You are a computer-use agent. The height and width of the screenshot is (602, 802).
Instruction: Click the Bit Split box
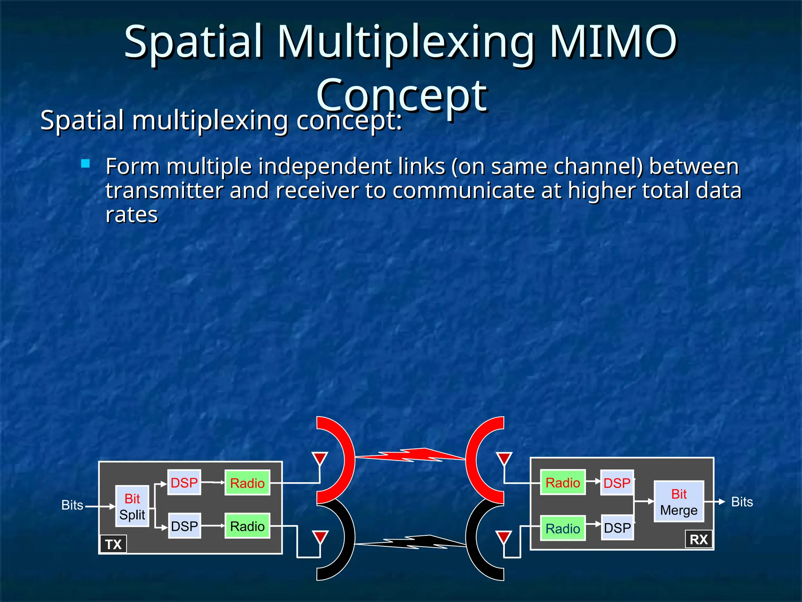click(x=132, y=506)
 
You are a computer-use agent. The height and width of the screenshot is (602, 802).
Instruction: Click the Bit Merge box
click(x=679, y=502)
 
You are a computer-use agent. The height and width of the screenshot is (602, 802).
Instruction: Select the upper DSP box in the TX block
click(x=184, y=482)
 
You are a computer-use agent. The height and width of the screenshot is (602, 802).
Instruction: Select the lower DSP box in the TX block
click(x=184, y=526)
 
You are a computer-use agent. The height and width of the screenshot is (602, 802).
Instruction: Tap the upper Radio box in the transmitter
click(x=247, y=483)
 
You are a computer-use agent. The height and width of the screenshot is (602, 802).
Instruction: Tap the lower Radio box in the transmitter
click(x=247, y=526)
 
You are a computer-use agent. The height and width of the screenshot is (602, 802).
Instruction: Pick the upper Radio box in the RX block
click(x=563, y=482)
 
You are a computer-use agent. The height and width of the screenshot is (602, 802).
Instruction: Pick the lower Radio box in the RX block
click(x=563, y=528)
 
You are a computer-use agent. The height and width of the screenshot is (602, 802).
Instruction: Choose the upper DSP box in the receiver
click(x=617, y=483)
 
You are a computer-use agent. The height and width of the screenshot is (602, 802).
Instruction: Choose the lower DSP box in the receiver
click(x=617, y=528)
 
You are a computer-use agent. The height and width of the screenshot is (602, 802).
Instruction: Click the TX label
click(x=113, y=544)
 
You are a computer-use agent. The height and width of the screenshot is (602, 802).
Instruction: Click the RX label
click(x=699, y=540)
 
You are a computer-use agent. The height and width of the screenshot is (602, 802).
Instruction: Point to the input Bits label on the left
click(x=72, y=505)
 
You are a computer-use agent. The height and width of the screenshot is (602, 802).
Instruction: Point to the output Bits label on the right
click(x=742, y=502)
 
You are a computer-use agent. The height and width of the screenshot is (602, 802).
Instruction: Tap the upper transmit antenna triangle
click(x=320, y=458)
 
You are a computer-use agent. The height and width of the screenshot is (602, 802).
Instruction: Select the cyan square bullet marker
click(x=85, y=163)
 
